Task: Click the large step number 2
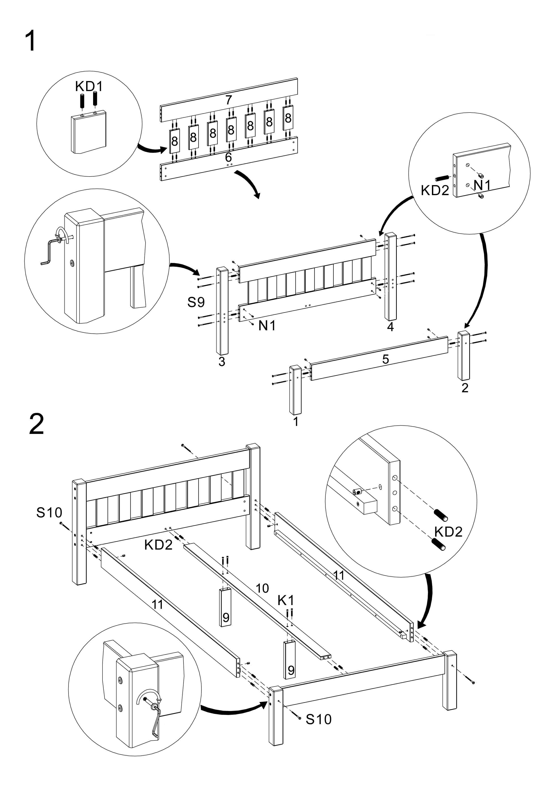(x=36, y=424)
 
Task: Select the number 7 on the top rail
(x=229, y=100)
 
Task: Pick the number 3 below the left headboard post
(x=222, y=361)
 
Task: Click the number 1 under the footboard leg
(x=296, y=422)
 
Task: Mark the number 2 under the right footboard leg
(x=465, y=388)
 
